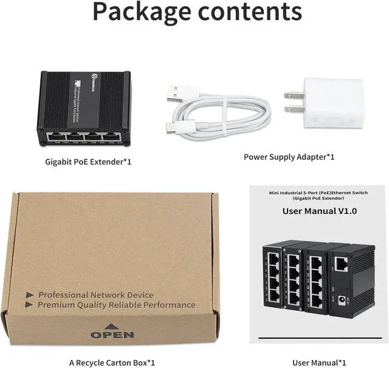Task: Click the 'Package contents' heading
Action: [x=197, y=12]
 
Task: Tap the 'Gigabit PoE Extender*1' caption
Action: [x=89, y=162]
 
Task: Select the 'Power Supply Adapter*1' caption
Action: [x=289, y=157]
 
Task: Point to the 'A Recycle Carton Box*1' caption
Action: [x=112, y=362]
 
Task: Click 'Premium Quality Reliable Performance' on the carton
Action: [x=117, y=305]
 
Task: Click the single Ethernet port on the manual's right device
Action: [x=341, y=263]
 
